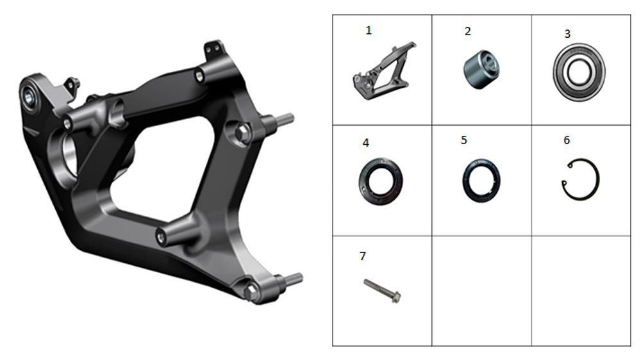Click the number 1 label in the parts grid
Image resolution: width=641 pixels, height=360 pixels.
[x=369, y=31]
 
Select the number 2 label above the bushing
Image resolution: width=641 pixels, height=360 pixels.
[x=468, y=31]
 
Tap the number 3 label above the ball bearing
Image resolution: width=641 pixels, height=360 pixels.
[x=567, y=34]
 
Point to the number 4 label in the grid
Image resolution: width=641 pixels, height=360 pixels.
[x=366, y=143]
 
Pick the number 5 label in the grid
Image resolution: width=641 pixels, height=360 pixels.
[x=463, y=140]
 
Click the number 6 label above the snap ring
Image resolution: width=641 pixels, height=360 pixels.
[x=567, y=140]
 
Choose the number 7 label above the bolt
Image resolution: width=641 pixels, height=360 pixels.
[x=363, y=256]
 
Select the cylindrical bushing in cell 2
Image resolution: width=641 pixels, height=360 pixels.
[x=481, y=69]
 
